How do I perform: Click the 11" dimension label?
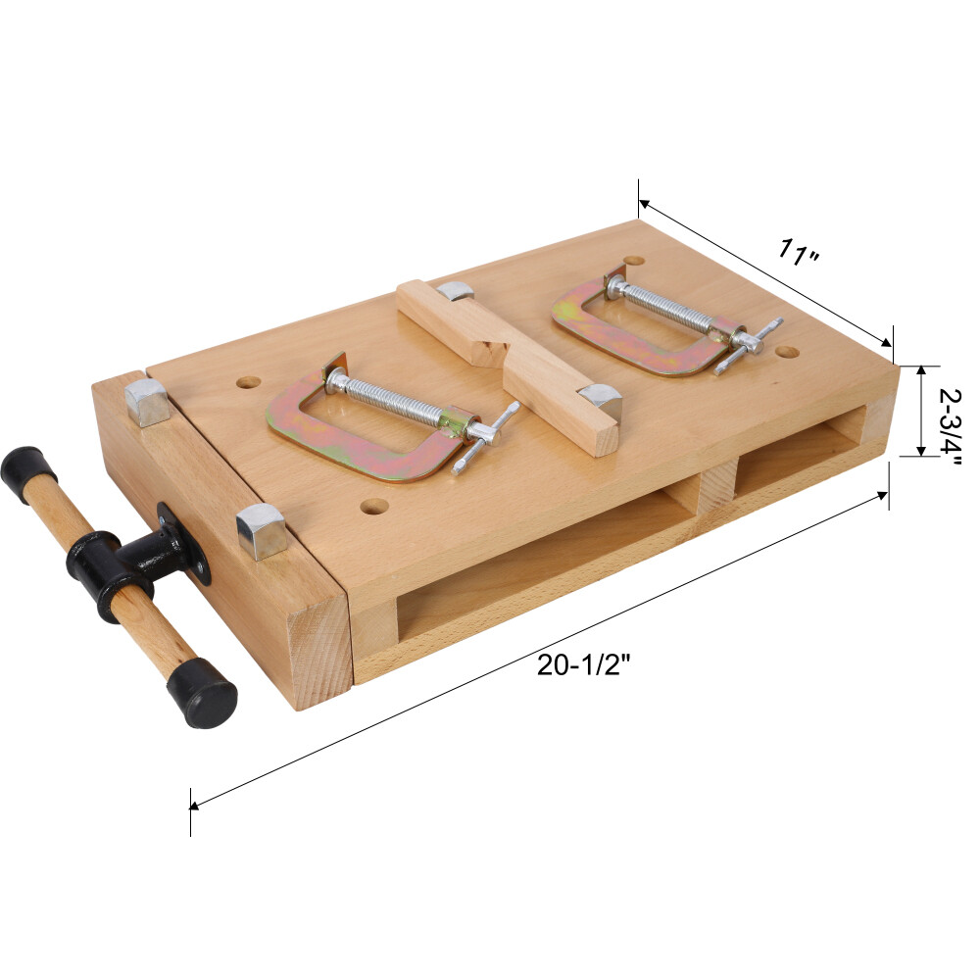pyautogui.click(x=799, y=253)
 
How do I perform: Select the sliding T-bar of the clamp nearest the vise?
pyautogui.click(x=485, y=435)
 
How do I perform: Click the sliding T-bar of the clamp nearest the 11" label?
pyautogui.click(x=749, y=345)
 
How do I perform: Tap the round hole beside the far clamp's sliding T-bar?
pyautogui.click(x=787, y=349)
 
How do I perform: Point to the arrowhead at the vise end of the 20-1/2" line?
pyautogui.click(x=195, y=806)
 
